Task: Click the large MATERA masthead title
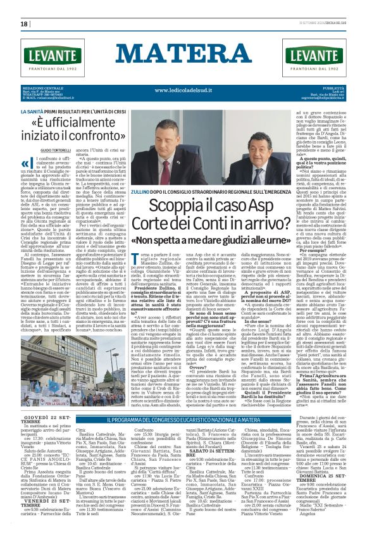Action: [183, 52]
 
